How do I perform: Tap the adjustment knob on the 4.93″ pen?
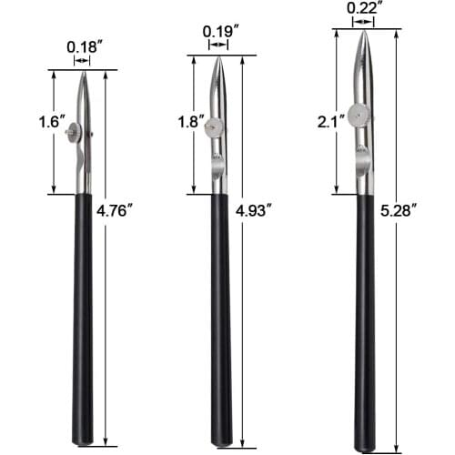[213, 128]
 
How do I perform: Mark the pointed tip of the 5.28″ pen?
[364, 31]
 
